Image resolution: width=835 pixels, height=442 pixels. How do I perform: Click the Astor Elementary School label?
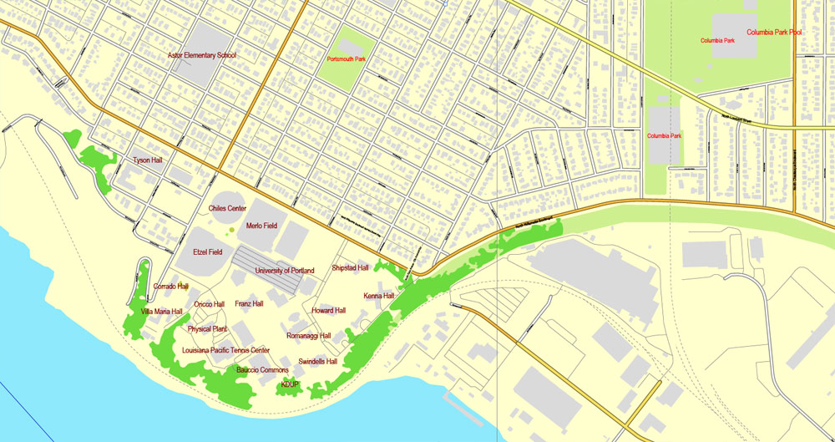pos(201,55)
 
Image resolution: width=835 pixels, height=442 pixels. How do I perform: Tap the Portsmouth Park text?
pos(347,58)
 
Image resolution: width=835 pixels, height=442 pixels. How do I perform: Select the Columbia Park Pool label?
pos(774,33)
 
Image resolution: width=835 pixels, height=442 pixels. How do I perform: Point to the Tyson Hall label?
pos(148,159)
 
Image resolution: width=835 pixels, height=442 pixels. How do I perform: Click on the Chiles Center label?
pos(227,207)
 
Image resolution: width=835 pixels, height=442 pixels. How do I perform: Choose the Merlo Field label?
pos(261,226)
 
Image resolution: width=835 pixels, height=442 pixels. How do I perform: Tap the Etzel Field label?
pos(208,251)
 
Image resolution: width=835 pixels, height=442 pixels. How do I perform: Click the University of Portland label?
pos(285,271)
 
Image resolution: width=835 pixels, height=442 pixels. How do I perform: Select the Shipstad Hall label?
pos(350,268)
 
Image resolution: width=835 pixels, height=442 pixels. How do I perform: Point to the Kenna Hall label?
pos(379,296)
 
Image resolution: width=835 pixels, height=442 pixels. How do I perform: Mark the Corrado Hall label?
pos(171,286)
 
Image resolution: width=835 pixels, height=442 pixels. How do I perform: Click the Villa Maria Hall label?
pos(162,311)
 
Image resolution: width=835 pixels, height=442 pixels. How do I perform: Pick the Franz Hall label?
pos(249,303)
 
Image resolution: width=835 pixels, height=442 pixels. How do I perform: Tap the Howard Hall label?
pos(328,310)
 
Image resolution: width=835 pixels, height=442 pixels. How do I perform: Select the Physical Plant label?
pos(207,329)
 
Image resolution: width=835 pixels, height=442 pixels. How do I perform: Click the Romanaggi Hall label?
pos(309,335)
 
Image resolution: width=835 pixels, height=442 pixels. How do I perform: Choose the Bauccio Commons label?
pos(262,369)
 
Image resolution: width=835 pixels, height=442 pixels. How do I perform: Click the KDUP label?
pos(290,384)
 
